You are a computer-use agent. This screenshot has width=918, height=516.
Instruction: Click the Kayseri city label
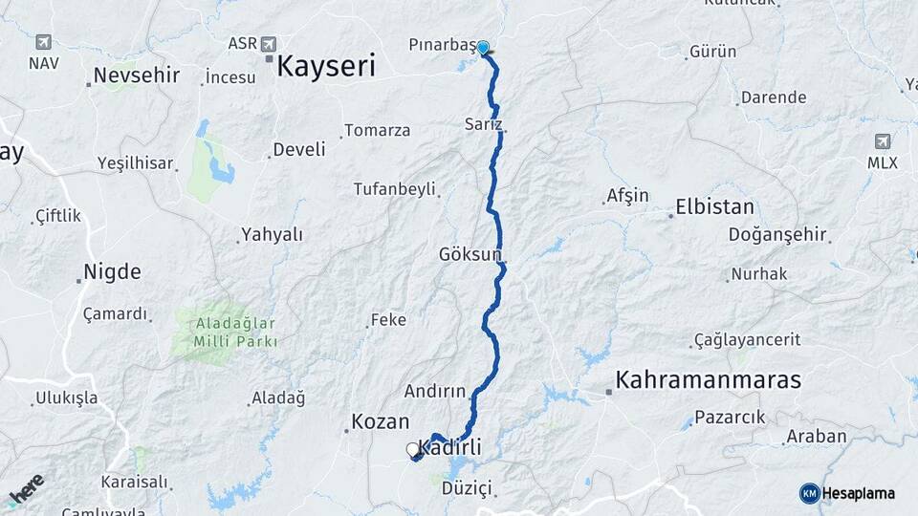(325, 66)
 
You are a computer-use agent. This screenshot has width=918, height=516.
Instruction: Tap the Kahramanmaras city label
(708, 379)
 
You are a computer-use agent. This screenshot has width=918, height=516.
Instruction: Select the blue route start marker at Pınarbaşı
(483, 47)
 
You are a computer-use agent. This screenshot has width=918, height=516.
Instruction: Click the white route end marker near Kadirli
(413, 449)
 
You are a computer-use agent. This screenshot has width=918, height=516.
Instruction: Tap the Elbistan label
(714, 206)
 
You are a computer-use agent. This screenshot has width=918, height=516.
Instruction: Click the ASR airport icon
(268, 44)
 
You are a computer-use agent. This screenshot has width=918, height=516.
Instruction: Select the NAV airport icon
(43, 42)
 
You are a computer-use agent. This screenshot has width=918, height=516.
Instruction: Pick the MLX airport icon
(882, 141)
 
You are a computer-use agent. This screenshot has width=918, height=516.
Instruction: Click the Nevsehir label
(137, 75)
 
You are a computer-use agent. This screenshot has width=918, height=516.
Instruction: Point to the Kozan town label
(380, 420)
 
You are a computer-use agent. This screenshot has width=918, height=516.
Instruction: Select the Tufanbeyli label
(394, 188)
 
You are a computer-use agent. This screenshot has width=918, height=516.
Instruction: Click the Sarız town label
(483, 124)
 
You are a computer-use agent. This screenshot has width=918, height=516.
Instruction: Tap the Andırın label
(434, 391)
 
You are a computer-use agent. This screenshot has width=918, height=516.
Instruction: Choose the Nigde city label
(112, 271)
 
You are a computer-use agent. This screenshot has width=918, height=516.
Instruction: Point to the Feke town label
(388, 320)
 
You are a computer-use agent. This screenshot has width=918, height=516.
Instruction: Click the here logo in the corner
(26, 490)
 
